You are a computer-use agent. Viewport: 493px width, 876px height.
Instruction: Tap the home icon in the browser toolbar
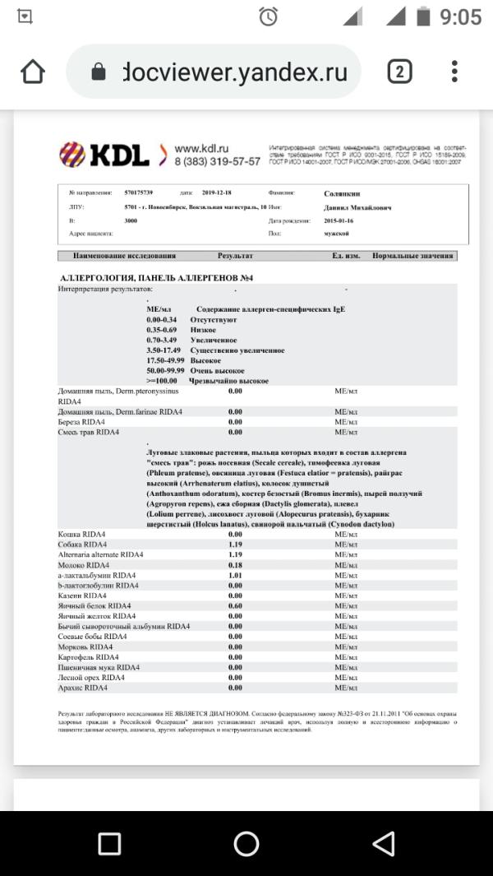(33, 72)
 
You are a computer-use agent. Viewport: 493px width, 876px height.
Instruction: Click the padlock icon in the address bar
(99, 72)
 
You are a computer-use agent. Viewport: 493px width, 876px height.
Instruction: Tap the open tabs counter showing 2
(399, 72)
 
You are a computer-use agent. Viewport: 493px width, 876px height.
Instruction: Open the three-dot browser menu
(454, 72)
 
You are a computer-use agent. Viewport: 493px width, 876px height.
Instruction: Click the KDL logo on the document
(105, 154)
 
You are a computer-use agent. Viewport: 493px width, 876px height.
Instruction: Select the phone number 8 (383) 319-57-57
(216, 162)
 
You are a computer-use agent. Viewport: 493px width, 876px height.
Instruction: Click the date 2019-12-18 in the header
(218, 193)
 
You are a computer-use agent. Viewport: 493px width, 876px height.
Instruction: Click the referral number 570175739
(139, 193)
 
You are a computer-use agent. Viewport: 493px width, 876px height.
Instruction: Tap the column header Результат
(235, 256)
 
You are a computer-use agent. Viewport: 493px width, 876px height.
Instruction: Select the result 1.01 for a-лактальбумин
(235, 575)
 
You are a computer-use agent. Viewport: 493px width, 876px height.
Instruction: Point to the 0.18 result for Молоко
(235, 565)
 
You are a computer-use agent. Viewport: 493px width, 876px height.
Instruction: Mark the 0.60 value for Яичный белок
(235, 605)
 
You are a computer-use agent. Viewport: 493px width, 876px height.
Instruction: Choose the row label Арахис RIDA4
(83, 687)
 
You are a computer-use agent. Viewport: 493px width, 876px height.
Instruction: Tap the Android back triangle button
(383, 843)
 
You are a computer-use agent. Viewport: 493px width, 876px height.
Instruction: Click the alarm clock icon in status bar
(268, 16)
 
